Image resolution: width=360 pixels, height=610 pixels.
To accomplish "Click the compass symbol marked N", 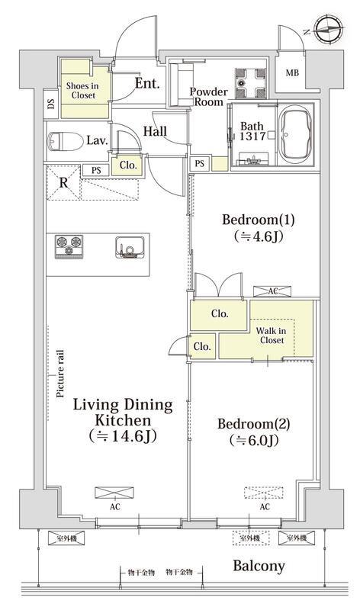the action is [329, 30].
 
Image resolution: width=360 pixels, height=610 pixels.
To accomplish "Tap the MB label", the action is [292, 72].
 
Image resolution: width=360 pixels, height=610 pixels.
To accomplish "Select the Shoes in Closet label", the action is [83, 90].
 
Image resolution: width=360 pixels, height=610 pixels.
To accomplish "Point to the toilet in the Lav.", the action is [66, 141].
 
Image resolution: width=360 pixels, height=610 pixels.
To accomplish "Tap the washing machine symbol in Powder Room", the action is [250, 83].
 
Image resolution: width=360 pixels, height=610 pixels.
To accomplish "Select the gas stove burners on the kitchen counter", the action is [69, 246].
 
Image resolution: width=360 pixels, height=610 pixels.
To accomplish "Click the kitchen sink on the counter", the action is [130, 247].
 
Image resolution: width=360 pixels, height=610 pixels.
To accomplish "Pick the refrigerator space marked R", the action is [63, 182].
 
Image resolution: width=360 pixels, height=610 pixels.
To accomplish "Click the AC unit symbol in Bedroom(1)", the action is [272, 291].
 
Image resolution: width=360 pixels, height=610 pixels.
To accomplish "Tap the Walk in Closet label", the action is [272, 335].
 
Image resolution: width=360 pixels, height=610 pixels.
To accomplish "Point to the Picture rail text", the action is [60, 374].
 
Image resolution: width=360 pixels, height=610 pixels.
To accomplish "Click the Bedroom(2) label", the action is [254, 423].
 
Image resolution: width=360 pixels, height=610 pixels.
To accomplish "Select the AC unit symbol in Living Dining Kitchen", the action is [114, 493].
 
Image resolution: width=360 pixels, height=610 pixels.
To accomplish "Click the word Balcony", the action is [259, 566].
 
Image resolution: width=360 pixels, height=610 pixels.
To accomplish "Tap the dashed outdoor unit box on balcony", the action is [252, 538].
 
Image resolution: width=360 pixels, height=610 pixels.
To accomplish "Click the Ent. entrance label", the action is [147, 83].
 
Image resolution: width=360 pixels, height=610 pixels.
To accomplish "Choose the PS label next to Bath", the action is [200, 164].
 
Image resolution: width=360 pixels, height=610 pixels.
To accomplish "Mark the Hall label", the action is [156, 131].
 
